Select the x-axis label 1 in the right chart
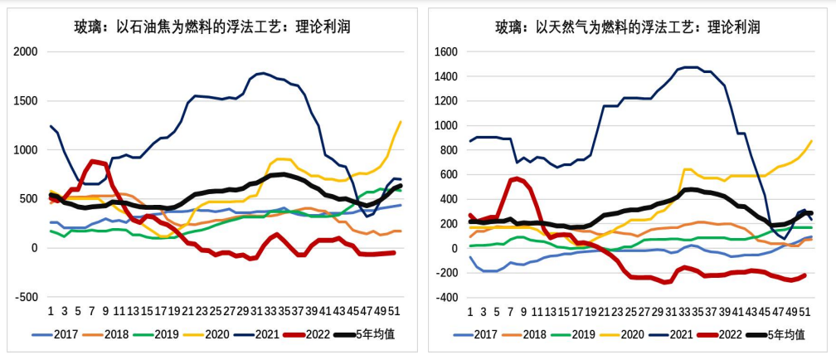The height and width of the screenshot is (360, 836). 470,311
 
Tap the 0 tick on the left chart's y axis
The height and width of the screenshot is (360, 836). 34,248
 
